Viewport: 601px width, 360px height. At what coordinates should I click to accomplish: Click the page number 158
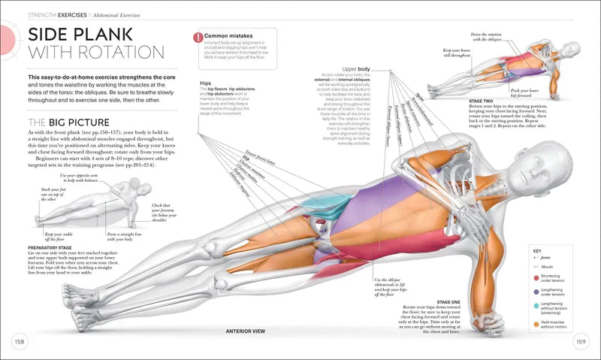[20, 343]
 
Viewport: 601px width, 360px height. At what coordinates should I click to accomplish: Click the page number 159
[581, 343]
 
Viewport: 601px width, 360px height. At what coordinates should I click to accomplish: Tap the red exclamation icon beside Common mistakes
[198, 37]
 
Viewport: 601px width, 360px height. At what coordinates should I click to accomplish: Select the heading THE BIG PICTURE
[68, 123]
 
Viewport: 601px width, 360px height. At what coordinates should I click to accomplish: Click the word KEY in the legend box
[536, 251]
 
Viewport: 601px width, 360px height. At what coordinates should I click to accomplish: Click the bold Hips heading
[205, 83]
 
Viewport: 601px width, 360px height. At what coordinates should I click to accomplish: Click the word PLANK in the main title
[109, 35]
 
